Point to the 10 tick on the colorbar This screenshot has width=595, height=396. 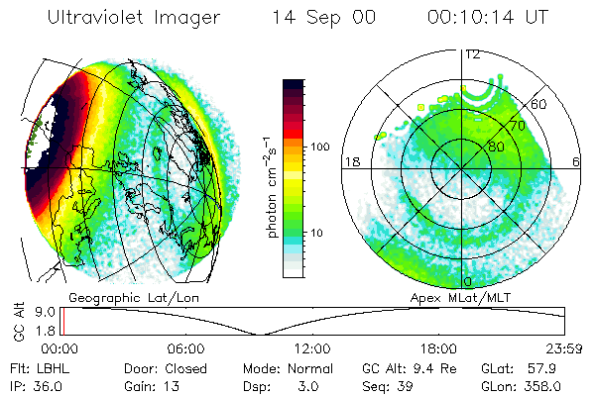point(318,233)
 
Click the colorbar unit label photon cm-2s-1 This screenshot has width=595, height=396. point(271,188)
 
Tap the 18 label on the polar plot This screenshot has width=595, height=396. point(350,161)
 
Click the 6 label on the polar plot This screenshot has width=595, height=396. point(576,161)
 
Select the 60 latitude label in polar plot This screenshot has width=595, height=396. point(540,104)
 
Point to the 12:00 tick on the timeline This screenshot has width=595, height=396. point(313,348)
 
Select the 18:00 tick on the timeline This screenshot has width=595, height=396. point(439,348)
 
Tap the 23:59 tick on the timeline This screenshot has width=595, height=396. point(565,348)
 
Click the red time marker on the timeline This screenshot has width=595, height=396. point(61,322)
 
